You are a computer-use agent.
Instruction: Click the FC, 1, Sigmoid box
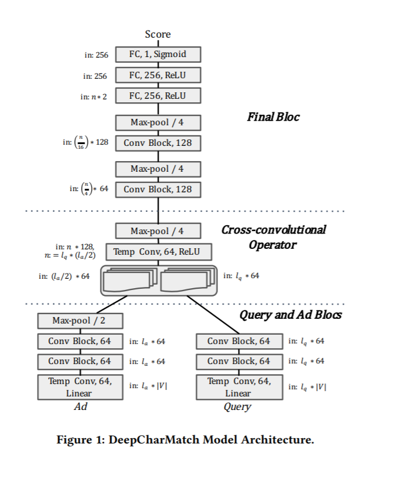[x=158, y=55]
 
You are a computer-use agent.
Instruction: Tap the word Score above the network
[x=158, y=35]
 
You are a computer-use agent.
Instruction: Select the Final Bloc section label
[x=273, y=117]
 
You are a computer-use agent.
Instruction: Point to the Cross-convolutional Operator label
[x=273, y=236]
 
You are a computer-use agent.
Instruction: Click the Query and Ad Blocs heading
[x=290, y=315]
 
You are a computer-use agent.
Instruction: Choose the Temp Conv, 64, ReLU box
[x=158, y=252]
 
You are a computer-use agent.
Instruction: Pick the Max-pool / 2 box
[x=80, y=321]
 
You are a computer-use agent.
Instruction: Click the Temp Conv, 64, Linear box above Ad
[x=80, y=388]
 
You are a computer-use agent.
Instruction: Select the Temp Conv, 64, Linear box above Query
[x=239, y=388]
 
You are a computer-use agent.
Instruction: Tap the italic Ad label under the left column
[x=80, y=406]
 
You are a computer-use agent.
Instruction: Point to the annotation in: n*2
[x=94, y=96]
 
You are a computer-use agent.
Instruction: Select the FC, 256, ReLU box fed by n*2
[x=158, y=95]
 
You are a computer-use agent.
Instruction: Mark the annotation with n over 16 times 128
[x=86, y=142]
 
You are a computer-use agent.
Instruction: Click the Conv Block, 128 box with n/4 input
[x=158, y=189]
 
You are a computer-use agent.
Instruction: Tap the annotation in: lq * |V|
[x=307, y=386]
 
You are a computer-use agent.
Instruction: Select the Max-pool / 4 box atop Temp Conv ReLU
[x=158, y=231]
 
